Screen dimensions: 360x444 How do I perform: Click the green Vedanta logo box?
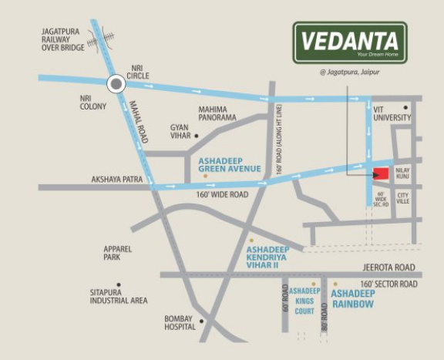[x=349, y=43]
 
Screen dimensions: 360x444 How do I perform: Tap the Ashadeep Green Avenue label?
[x=230, y=163]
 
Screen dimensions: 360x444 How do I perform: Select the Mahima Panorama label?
[x=217, y=113]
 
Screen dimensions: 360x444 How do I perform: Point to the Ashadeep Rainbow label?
[x=352, y=300]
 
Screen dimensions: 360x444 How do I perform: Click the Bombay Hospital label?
[x=179, y=324]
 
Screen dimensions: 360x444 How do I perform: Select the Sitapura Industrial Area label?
[x=118, y=296]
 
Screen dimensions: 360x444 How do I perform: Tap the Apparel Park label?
[x=118, y=253]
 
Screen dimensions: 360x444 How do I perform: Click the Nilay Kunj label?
[x=405, y=173]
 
